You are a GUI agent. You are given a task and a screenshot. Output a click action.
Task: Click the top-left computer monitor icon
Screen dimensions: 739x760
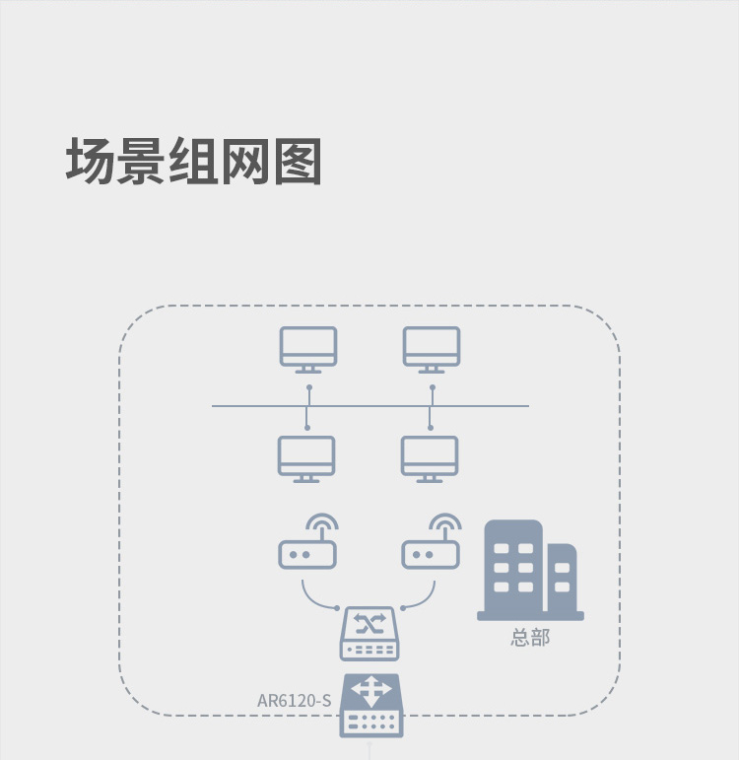308,350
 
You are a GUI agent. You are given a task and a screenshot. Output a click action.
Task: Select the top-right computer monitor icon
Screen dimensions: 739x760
432,350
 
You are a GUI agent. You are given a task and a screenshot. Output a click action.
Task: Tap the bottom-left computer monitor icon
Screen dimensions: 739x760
306,459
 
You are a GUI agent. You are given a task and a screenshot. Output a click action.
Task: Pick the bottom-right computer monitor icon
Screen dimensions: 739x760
430,459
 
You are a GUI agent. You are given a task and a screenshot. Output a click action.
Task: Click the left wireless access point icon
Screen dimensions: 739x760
307,554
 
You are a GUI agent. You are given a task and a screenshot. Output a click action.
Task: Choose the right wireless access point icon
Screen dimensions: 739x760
431,554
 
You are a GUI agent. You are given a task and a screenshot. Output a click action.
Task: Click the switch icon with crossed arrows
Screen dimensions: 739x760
369,634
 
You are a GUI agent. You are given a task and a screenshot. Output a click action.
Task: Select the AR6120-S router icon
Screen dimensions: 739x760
371,706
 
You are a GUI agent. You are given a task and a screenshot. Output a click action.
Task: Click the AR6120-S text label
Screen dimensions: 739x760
295,701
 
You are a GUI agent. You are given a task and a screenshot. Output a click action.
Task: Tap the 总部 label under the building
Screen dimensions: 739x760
530,638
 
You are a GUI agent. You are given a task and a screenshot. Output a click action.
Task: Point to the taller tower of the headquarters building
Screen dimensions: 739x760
513,567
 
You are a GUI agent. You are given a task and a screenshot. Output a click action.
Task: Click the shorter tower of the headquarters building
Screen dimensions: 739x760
562,578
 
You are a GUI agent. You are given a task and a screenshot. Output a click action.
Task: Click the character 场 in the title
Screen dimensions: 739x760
90,161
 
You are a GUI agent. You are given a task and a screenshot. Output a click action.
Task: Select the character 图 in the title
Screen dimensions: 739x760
298,161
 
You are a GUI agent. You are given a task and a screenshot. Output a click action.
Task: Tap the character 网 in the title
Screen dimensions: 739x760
245,161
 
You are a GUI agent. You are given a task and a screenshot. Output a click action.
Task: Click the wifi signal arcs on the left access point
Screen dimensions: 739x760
322,521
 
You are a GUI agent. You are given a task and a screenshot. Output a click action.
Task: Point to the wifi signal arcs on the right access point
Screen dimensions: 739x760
445,521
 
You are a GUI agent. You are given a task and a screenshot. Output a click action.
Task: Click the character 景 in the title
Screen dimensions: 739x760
142,161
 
